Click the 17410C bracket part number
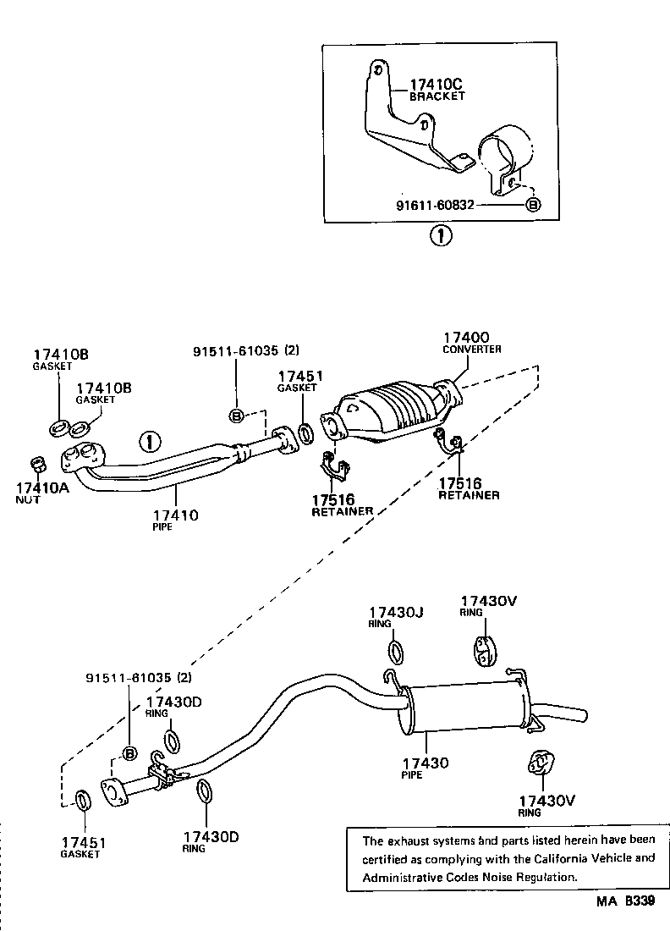[x=437, y=84]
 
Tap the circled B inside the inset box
[x=533, y=204]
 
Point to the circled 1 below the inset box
[x=440, y=236]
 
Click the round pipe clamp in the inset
[x=504, y=153]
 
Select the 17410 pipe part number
[x=175, y=515]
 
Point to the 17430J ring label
[x=396, y=611]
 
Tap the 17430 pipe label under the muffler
[x=425, y=763]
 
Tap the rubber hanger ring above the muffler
[x=483, y=649]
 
